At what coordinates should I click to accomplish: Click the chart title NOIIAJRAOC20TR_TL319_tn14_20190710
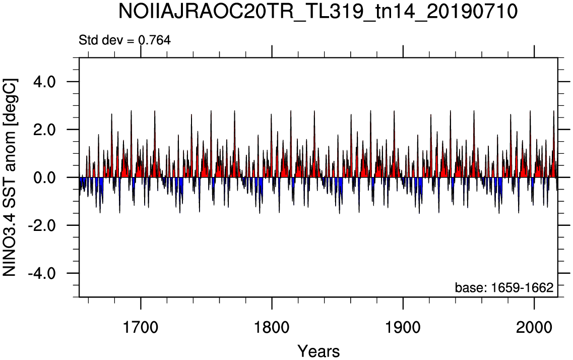[318, 12]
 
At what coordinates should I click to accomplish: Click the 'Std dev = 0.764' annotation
[124, 40]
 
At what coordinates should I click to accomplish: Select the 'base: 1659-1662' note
[504, 288]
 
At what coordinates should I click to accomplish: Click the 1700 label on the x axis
[141, 328]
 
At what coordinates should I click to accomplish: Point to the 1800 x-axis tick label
[272, 328]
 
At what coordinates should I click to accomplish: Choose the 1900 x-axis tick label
[404, 328]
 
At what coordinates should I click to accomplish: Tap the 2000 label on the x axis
[535, 328]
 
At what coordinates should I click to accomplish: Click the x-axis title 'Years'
[319, 351]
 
